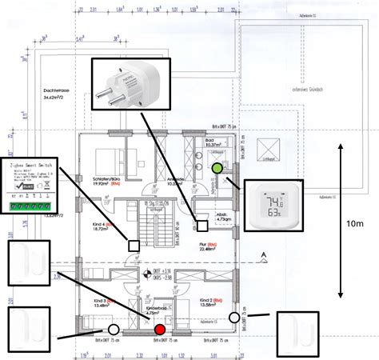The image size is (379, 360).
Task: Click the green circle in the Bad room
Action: (218, 169)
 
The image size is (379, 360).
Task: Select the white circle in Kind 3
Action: (114, 329)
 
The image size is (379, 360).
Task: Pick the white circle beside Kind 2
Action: (234, 318)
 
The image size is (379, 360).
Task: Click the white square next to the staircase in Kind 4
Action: (135, 246)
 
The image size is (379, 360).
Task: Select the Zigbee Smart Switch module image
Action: (44, 186)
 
